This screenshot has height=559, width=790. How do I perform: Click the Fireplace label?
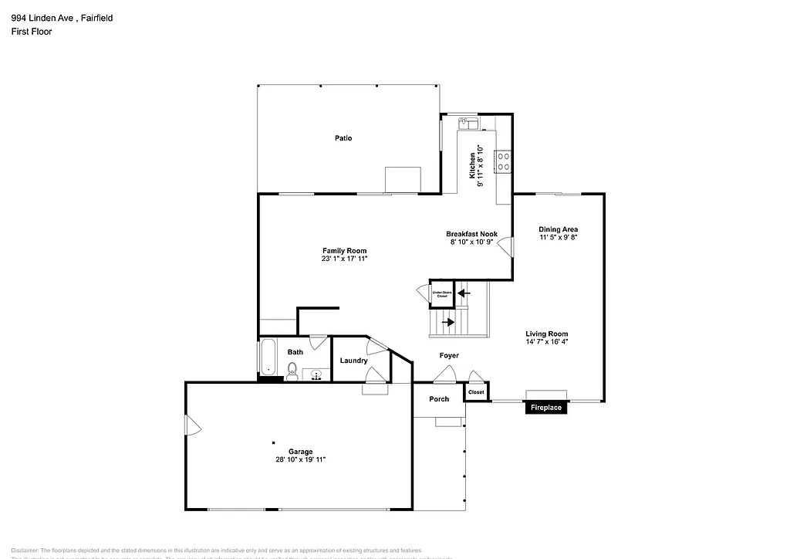pyautogui.click(x=545, y=408)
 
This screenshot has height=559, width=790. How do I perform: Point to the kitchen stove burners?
pyautogui.click(x=503, y=161)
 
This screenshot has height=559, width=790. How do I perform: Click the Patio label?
pyautogui.click(x=343, y=138)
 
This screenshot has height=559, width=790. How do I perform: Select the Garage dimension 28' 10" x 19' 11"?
pyautogui.click(x=301, y=459)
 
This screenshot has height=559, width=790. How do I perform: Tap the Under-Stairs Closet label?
pyautogui.click(x=442, y=294)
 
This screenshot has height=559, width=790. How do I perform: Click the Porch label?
pyautogui.click(x=439, y=399)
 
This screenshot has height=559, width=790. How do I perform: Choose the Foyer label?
pyautogui.click(x=449, y=356)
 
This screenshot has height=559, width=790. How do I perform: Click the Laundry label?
pyautogui.click(x=353, y=361)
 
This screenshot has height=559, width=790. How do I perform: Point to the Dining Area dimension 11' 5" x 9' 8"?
pyautogui.click(x=559, y=238)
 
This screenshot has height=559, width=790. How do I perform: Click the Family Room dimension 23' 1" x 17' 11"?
pyautogui.click(x=344, y=259)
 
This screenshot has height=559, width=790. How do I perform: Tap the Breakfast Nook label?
pyautogui.click(x=471, y=234)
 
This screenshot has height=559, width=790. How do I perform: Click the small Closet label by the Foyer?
pyautogui.click(x=476, y=392)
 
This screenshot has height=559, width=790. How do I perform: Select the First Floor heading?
pyautogui.click(x=32, y=32)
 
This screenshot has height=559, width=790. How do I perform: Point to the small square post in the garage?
pyautogui.click(x=273, y=442)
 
